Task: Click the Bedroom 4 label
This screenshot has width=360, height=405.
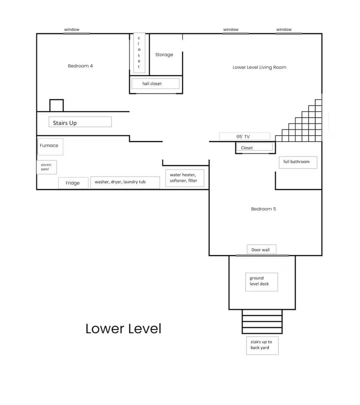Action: [x=80, y=66]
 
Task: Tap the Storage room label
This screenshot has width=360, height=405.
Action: [x=164, y=55]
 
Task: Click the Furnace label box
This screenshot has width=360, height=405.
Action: [x=49, y=146]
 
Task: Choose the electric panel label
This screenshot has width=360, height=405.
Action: [x=46, y=167]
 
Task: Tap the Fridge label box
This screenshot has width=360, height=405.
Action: [x=73, y=183]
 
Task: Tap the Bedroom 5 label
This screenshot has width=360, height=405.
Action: [x=263, y=209]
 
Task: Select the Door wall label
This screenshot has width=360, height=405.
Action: [x=261, y=250]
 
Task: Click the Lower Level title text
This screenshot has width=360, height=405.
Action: [x=123, y=329]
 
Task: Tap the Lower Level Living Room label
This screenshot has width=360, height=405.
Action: [x=259, y=67]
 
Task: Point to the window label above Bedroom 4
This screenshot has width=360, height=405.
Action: [x=72, y=30]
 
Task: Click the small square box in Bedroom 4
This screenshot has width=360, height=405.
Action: [x=57, y=105]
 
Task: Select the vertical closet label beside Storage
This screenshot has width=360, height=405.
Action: [x=139, y=52]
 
